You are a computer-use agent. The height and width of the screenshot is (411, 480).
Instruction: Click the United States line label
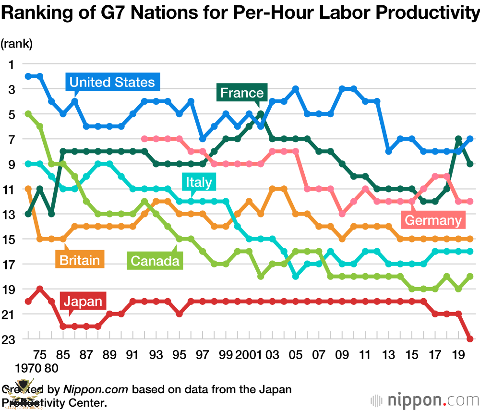tap(112, 82)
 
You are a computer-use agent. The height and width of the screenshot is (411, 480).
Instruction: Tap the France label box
tap(242, 93)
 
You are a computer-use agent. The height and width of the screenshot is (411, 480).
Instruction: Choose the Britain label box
tap(80, 260)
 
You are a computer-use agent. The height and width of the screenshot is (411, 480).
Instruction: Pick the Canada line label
tap(155, 261)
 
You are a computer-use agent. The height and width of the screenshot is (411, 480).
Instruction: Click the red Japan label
tap(83, 302)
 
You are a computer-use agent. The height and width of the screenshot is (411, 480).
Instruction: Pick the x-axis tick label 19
tap(458, 355)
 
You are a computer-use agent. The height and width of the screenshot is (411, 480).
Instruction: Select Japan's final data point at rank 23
tap(470, 339)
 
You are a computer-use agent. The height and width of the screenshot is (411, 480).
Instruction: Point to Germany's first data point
tap(144, 139)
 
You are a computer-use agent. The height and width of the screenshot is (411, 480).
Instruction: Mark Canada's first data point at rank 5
tap(28, 114)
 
